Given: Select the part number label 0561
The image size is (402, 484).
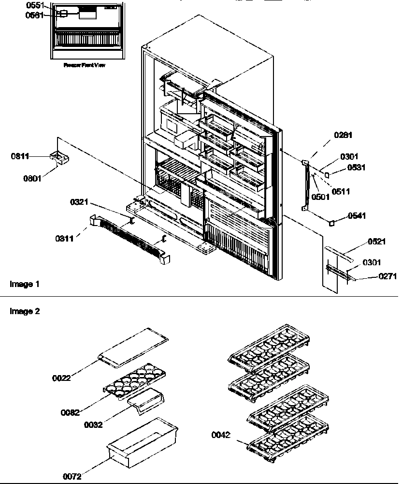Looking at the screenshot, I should (x=34, y=15).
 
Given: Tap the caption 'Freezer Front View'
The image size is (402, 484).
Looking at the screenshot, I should (x=84, y=65).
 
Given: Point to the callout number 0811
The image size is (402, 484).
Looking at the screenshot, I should (x=20, y=156).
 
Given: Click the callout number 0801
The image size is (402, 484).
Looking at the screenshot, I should (x=32, y=178).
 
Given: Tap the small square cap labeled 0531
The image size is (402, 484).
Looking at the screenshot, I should (x=327, y=171).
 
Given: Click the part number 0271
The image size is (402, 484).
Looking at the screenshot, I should (x=374, y=277).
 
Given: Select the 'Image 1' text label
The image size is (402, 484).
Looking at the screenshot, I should (x=24, y=284).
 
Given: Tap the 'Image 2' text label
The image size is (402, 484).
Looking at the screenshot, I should (x=24, y=312).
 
